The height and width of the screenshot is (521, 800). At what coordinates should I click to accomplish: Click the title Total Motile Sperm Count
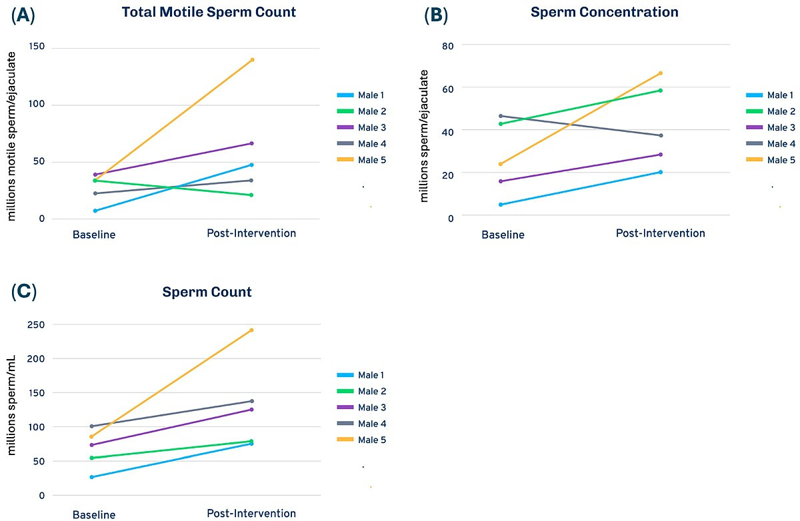[x=209, y=12]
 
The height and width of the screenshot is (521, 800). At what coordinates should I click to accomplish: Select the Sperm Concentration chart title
[x=604, y=12]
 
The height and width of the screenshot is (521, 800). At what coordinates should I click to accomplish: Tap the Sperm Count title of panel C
[x=207, y=292]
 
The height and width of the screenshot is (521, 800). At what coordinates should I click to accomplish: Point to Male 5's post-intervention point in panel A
[x=253, y=59]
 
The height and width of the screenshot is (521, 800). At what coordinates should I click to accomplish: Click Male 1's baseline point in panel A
[x=95, y=211]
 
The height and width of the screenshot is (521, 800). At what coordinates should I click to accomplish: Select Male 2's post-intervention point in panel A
[x=251, y=195]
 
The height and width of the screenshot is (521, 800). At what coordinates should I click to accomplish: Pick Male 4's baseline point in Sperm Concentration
[x=501, y=116]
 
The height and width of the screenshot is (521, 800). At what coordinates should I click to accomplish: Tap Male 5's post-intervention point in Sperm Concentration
[x=661, y=73]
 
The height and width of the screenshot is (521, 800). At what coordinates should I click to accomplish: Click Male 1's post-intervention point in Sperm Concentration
[x=661, y=172]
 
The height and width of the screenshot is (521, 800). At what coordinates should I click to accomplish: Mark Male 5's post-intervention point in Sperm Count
[x=252, y=330]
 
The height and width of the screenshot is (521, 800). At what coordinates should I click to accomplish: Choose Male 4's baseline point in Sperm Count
[x=92, y=426]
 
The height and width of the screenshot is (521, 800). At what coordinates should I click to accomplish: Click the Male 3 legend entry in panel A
[x=361, y=127]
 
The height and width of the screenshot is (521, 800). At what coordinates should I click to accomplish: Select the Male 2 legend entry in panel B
[x=771, y=111]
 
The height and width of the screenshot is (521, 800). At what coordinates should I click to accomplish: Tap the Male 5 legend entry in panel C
[x=361, y=440]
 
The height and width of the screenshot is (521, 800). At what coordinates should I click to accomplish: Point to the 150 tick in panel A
[x=37, y=47]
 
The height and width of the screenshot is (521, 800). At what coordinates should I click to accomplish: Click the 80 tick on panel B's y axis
[x=447, y=46]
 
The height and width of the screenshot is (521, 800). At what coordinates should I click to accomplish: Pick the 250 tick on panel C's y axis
[x=36, y=324]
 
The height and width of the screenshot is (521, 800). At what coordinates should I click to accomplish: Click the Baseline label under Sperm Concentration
[x=503, y=235]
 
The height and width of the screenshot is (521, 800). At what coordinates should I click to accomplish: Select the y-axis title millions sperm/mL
[x=11, y=405]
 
